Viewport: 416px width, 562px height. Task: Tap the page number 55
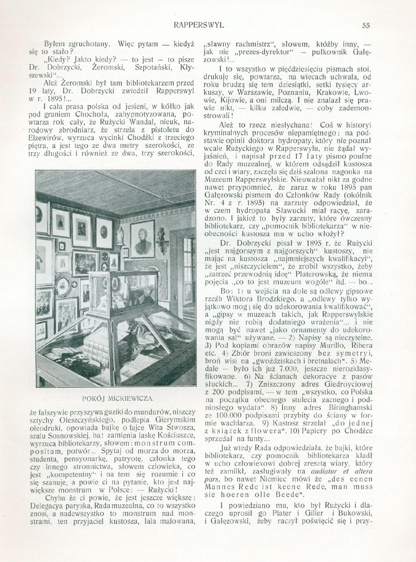(x=366, y=25)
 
